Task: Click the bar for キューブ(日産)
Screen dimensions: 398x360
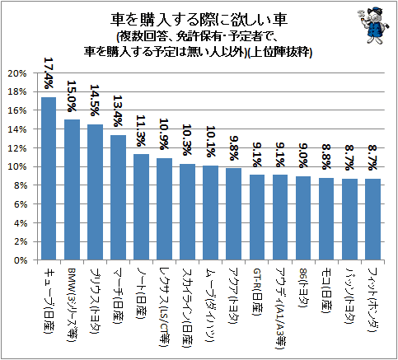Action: tap(49, 179)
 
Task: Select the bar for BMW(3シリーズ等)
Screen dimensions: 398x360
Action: tap(72, 189)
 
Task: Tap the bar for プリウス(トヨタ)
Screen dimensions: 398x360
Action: tap(95, 192)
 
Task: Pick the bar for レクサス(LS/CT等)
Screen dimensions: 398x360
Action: tap(164, 209)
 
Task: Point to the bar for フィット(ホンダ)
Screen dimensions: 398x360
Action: tap(372, 219)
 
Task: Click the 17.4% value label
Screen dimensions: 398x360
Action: tap(49, 73)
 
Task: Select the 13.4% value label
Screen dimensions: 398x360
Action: tap(118, 111)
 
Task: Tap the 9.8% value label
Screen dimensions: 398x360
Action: tap(233, 148)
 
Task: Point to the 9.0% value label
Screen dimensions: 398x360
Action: tap(303, 156)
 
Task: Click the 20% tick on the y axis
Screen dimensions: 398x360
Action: tap(17, 73)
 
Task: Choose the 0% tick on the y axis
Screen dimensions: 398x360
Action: tap(21, 260)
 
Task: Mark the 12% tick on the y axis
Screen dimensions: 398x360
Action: tap(17, 148)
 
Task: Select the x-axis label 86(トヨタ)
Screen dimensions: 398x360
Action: tap(303, 288)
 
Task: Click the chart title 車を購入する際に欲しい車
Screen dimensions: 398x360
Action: tap(199, 20)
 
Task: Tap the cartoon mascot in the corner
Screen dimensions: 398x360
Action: tap(374, 25)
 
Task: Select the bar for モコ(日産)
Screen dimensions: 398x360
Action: tap(326, 219)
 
